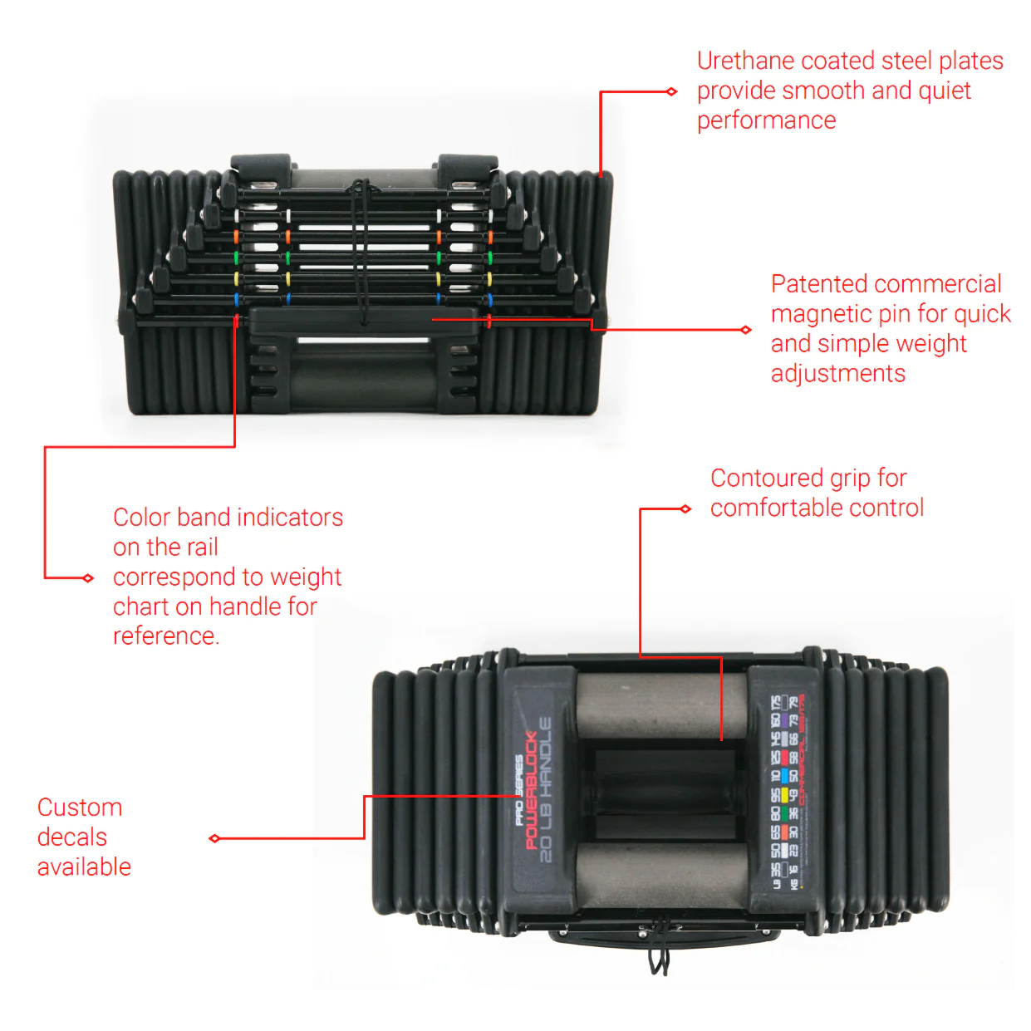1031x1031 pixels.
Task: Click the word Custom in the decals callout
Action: [x=80, y=808]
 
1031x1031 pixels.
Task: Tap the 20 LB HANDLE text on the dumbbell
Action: [x=546, y=789]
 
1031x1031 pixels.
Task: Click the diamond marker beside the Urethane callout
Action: [x=672, y=91]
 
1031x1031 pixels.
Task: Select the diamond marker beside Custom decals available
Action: [x=214, y=838]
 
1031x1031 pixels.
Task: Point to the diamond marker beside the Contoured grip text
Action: [x=685, y=508]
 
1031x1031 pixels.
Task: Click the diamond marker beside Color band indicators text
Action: [x=88, y=578]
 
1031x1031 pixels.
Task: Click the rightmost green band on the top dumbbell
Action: [x=489, y=258]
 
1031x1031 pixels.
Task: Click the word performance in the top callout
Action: [x=766, y=121]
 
